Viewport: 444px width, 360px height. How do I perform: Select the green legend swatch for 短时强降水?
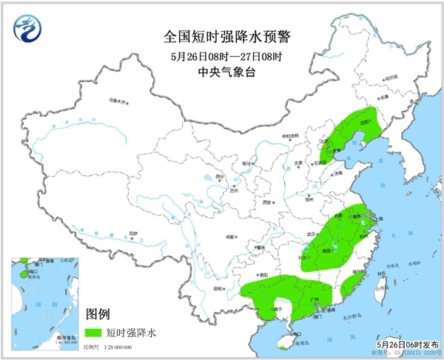tap(95, 331)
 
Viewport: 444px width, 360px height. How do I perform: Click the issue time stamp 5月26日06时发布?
tap(405, 344)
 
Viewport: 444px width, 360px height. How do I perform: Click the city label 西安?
tap(266, 201)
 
